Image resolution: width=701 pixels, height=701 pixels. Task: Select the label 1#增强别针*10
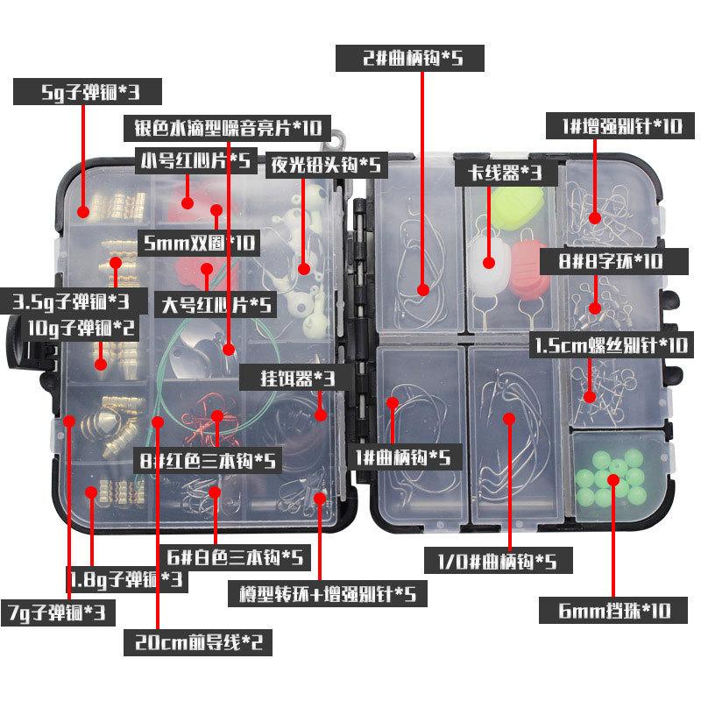coord(613,126)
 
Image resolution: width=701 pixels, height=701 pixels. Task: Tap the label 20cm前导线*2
coord(197,642)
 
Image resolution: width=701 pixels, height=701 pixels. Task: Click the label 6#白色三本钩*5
coord(237,556)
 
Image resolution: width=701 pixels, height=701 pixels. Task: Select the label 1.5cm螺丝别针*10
coord(611,344)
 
